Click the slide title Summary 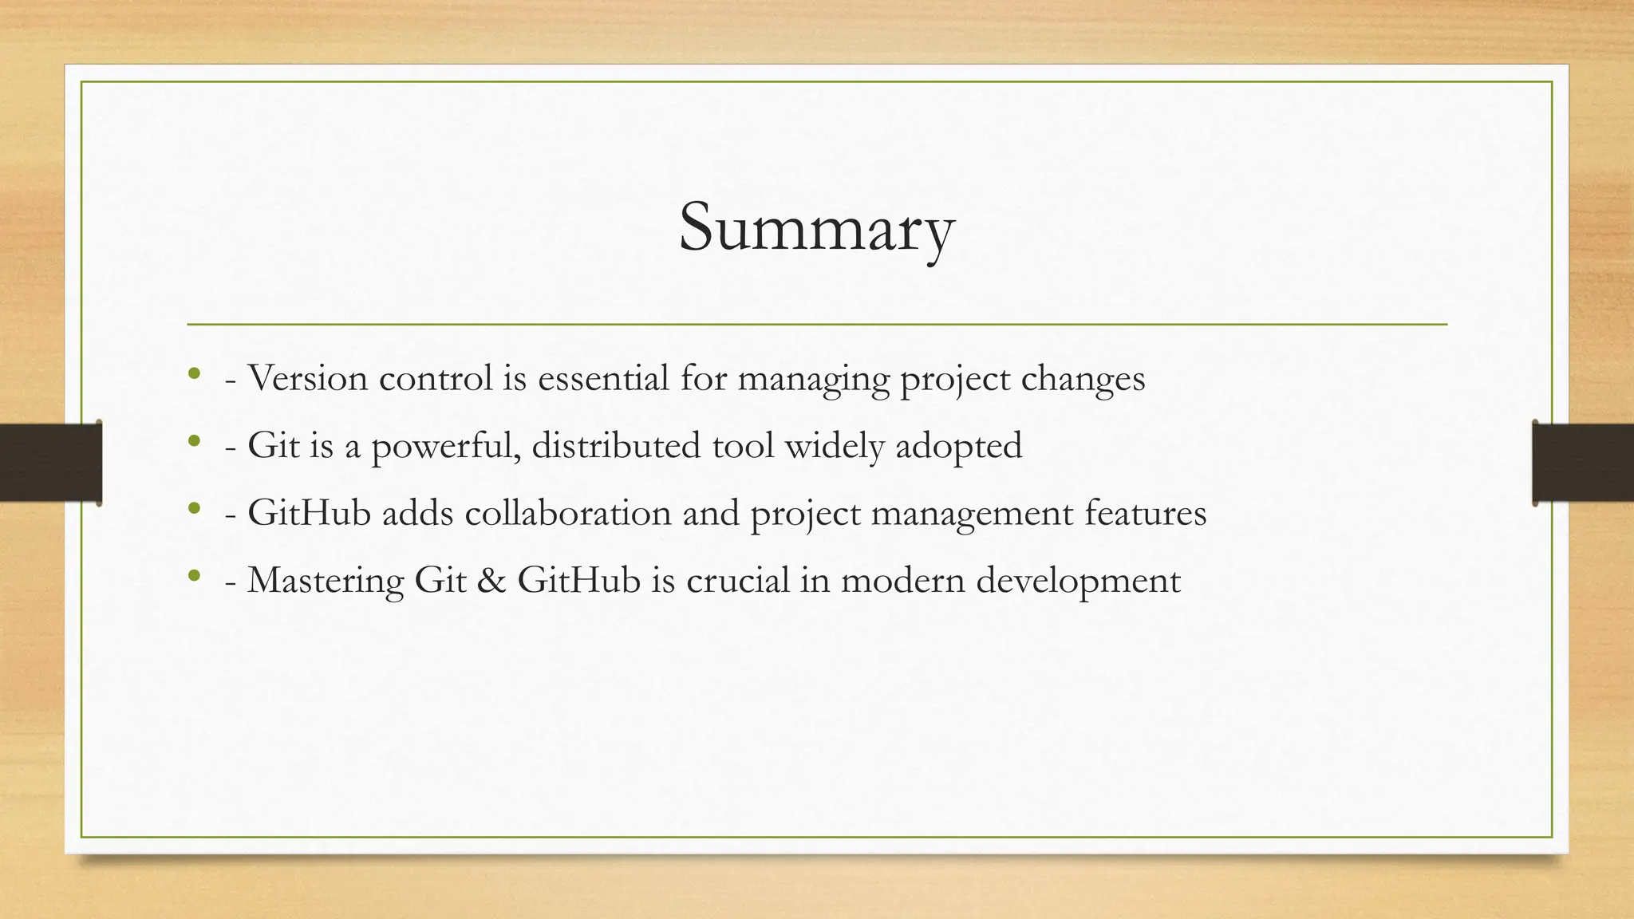point(816,228)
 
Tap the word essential point(603,377)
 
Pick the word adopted point(958,445)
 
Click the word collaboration point(568,512)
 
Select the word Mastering point(326,580)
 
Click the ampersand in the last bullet point(491,580)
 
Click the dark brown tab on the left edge point(50,463)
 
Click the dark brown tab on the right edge point(1583,463)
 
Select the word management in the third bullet point(972,512)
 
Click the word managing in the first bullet point(813,377)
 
